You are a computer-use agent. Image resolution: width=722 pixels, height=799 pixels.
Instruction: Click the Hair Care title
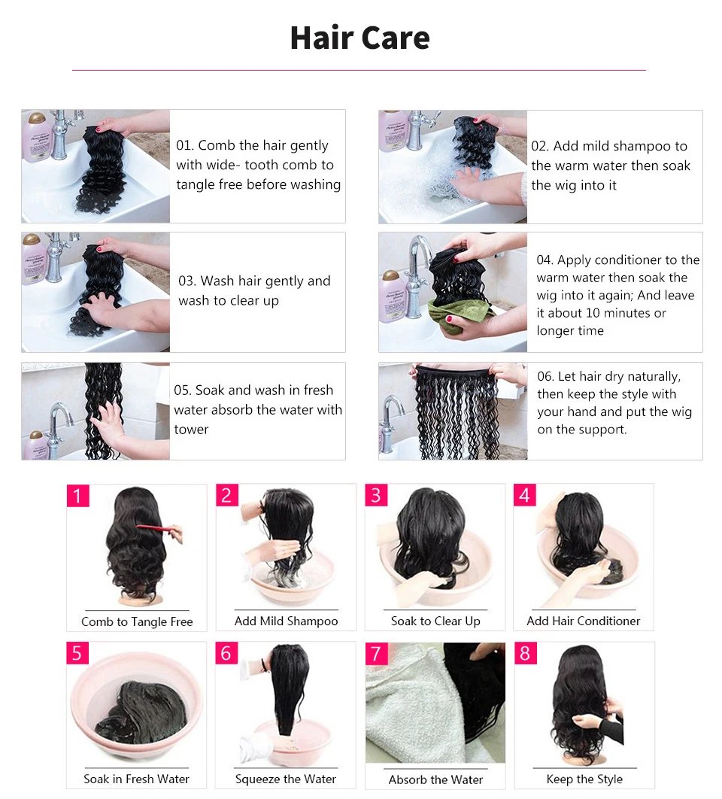point(359,38)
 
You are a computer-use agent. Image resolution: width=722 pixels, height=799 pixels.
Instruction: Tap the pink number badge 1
point(77,496)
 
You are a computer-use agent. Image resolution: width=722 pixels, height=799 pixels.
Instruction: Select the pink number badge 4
point(525,496)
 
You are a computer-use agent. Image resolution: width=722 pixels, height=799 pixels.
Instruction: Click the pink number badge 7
point(376,653)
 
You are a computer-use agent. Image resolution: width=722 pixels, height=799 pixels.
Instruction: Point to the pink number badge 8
point(525,653)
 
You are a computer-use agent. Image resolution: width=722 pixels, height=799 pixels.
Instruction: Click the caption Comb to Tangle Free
point(137,621)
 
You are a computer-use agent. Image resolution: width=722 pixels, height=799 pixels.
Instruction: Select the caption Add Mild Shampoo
point(286,621)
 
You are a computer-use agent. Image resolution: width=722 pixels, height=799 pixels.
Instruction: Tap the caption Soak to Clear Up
point(435,621)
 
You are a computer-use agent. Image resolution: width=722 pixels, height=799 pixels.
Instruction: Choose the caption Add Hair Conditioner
point(584,621)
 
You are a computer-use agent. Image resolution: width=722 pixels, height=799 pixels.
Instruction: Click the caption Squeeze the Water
point(286,779)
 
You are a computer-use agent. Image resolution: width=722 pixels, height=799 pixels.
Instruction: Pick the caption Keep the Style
point(584,779)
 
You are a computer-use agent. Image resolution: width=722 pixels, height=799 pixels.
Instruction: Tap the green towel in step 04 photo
point(452,314)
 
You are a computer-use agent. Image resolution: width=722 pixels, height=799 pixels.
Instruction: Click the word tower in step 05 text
point(191,430)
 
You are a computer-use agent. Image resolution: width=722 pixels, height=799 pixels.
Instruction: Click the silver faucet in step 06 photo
point(393,421)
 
